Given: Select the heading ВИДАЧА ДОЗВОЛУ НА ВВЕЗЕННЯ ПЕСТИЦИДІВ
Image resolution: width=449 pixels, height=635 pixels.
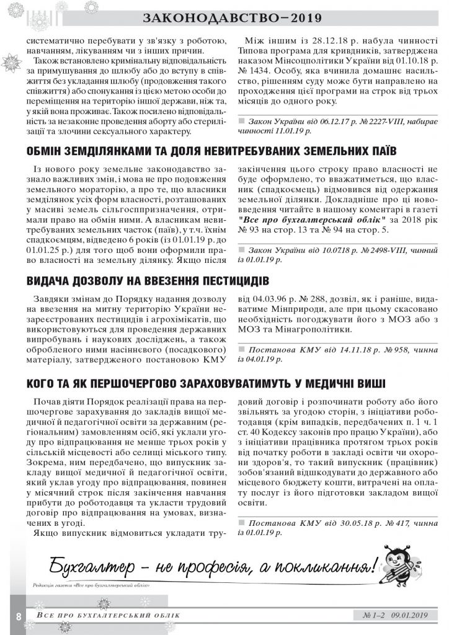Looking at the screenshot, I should (148, 280).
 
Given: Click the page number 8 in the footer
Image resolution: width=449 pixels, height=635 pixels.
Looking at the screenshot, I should (19, 616).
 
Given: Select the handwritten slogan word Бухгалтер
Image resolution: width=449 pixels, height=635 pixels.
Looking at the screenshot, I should (92, 566).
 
